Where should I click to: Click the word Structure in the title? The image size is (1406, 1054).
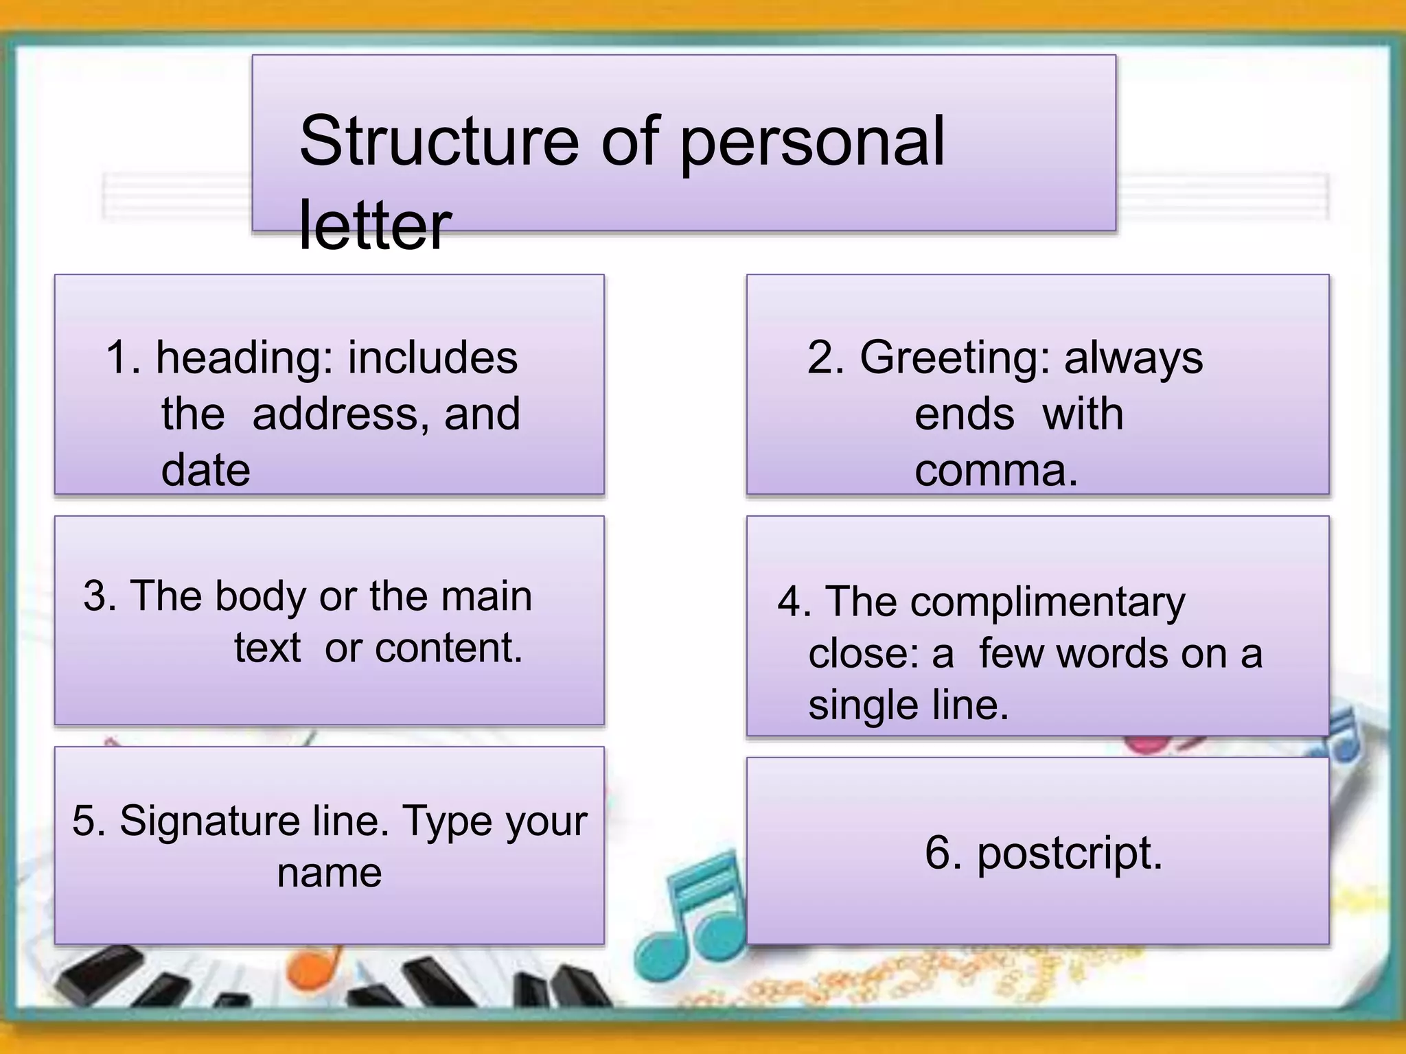pos(439,141)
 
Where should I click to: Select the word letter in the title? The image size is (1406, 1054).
pos(375,224)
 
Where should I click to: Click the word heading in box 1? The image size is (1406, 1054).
pos(246,360)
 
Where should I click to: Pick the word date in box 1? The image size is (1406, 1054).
pos(205,471)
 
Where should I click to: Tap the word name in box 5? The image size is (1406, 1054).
pos(329,874)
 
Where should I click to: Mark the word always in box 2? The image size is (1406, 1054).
pos(1133,360)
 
